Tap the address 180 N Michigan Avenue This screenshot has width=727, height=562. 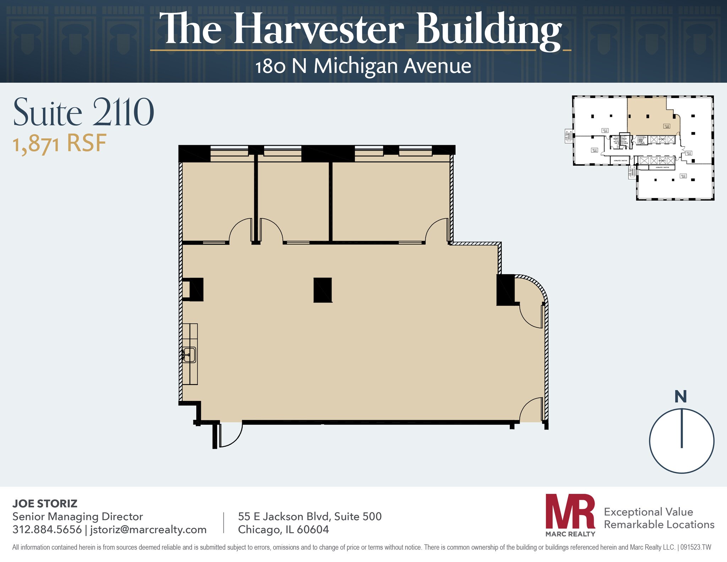pos(363,66)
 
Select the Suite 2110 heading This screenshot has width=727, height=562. pos(83,113)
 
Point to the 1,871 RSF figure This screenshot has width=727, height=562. pos(60,143)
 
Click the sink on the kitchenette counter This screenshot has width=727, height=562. pos(190,355)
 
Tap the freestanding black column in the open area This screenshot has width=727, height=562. pos(323,290)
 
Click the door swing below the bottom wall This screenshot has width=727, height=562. pos(230,435)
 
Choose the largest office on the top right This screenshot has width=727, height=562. pos(390,199)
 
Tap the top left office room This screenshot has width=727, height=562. pos(217,199)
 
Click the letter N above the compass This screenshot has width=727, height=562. pos(680,397)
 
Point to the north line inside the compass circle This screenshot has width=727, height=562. pos(682,428)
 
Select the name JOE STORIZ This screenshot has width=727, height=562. pos(45,503)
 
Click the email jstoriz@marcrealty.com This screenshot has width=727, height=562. pos(148,530)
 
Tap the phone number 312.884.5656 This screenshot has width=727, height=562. pos(47,530)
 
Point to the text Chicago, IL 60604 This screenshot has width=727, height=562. pos(283,530)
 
